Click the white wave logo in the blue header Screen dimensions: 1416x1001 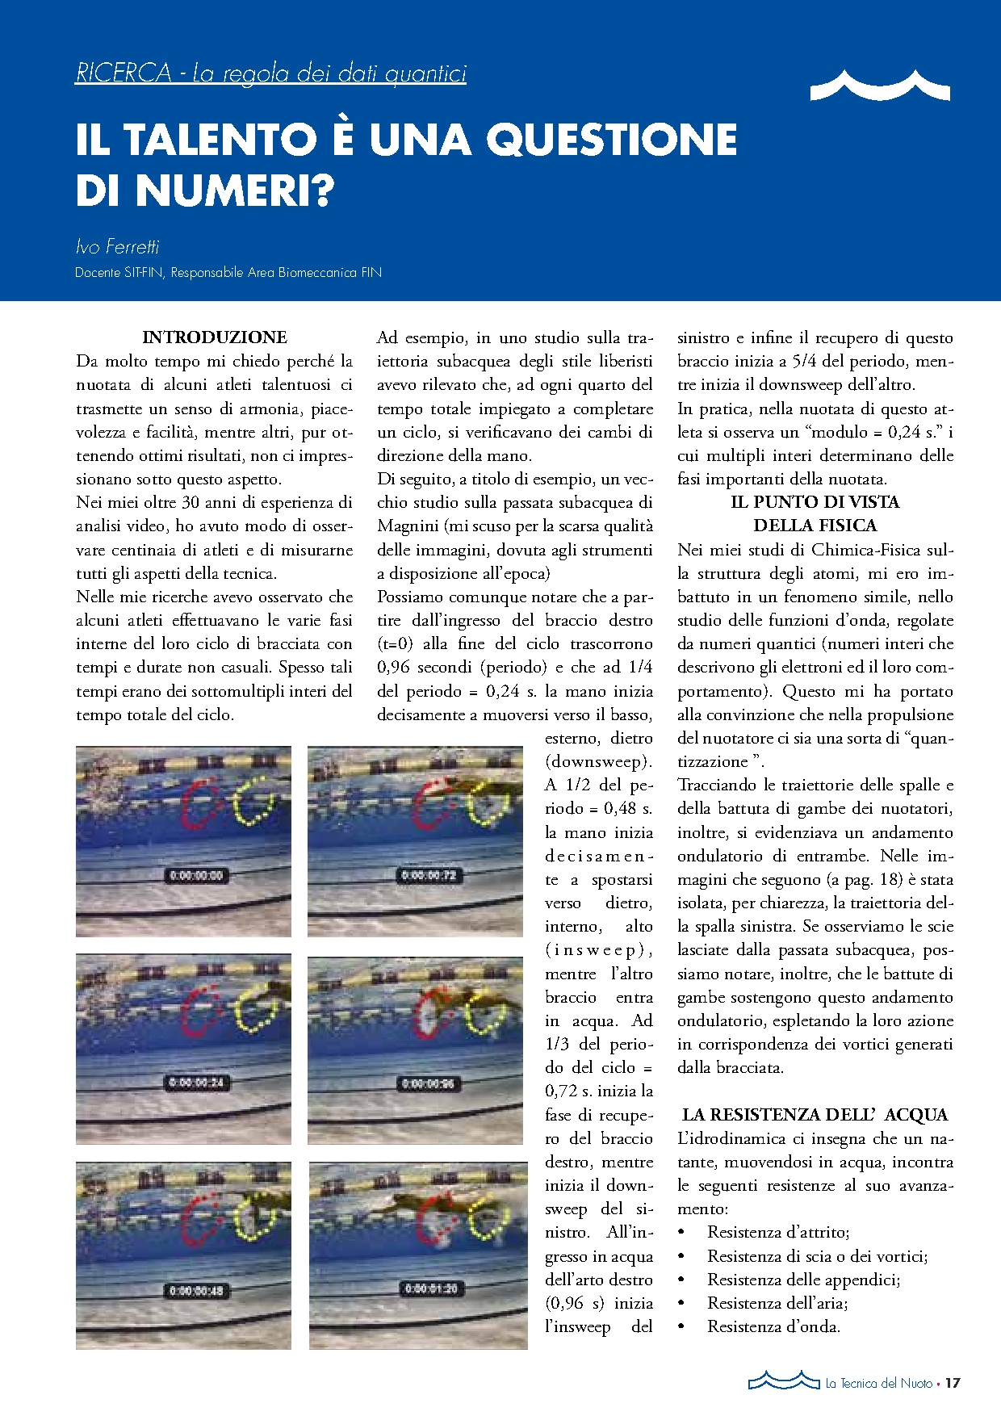pos(879,85)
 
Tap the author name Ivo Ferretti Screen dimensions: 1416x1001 pos(117,247)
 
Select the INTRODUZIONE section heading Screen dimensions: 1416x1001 pos(215,337)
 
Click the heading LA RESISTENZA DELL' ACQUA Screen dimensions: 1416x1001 pos(815,1115)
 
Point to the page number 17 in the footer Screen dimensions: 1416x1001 pos(953,1383)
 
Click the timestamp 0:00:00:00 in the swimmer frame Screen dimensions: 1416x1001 pos(195,875)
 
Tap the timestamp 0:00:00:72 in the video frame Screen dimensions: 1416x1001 pos(429,875)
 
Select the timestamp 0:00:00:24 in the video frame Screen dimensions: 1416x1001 pos(195,1083)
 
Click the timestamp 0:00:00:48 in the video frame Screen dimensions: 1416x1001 pos(195,1291)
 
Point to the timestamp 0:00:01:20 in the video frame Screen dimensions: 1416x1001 pos(430,1288)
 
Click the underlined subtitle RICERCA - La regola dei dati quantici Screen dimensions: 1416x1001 pos(270,73)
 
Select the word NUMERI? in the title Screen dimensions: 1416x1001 pos(234,191)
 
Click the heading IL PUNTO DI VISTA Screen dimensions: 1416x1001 pos(815,502)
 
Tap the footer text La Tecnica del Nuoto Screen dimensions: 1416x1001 pos(878,1384)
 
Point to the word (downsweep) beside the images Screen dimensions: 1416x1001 pos(598,761)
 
